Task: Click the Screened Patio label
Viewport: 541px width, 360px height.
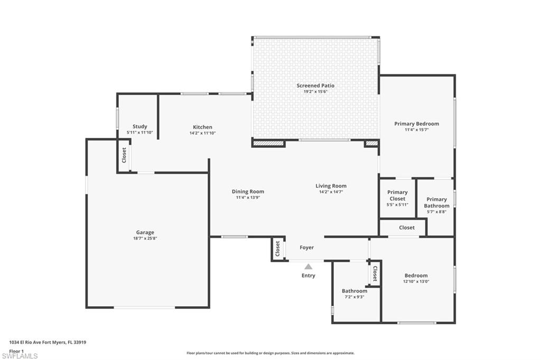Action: pyautogui.click(x=315, y=86)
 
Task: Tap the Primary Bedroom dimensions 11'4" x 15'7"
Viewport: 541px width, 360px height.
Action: pyautogui.click(x=416, y=129)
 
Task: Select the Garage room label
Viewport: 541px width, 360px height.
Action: pyautogui.click(x=145, y=232)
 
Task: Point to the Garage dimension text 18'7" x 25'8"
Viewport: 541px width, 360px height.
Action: pyautogui.click(x=145, y=239)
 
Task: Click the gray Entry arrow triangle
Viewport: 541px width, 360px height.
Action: pyautogui.click(x=308, y=267)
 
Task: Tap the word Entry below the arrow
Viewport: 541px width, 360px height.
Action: pyautogui.click(x=308, y=276)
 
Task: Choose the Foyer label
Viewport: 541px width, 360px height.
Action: pyautogui.click(x=307, y=248)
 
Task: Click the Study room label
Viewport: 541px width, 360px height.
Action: pyautogui.click(x=140, y=127)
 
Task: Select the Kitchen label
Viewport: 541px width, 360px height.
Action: pyautogui.click(x=202, y=127)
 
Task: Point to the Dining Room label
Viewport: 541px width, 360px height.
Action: pyautogui.click(x=248, y=192)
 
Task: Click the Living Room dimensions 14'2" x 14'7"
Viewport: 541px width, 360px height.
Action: pyautogui.click(x=331, y=192)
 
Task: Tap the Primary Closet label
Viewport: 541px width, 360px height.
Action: pyautogui.click(x=397, y=195)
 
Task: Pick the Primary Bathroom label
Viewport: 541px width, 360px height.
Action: pyautogui.click(x=436, y=203)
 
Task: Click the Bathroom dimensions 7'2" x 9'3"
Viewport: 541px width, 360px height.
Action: pyautogui.click(x=354, y=297)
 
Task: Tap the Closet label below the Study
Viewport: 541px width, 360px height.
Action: pyautogui.click(x=124, y=155)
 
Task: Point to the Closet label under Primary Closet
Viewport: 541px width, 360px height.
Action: pyautogui.click(x=407, y=228)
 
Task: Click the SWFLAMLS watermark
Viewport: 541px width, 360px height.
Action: pyautogui.click(x=20, y=356)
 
